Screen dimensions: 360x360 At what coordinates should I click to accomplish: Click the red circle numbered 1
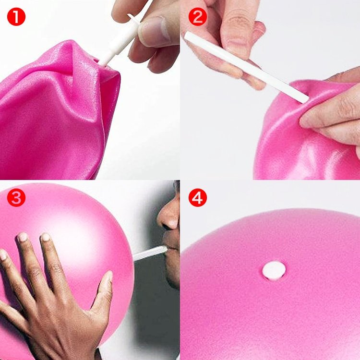[16, 16]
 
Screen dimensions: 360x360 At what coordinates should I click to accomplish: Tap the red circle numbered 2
[197, 16]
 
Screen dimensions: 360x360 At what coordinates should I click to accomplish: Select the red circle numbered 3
[16, 197]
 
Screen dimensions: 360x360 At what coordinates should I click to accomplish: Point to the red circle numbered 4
[197, 197]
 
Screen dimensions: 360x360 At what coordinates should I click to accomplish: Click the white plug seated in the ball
[274, 271]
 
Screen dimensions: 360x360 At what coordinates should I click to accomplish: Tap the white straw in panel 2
[246, 67]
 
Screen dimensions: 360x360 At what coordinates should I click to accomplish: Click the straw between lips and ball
[150, 253]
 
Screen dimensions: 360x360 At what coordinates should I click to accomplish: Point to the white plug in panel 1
[120, 40]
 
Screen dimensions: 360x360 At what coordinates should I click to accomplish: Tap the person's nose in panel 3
[169, 216]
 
